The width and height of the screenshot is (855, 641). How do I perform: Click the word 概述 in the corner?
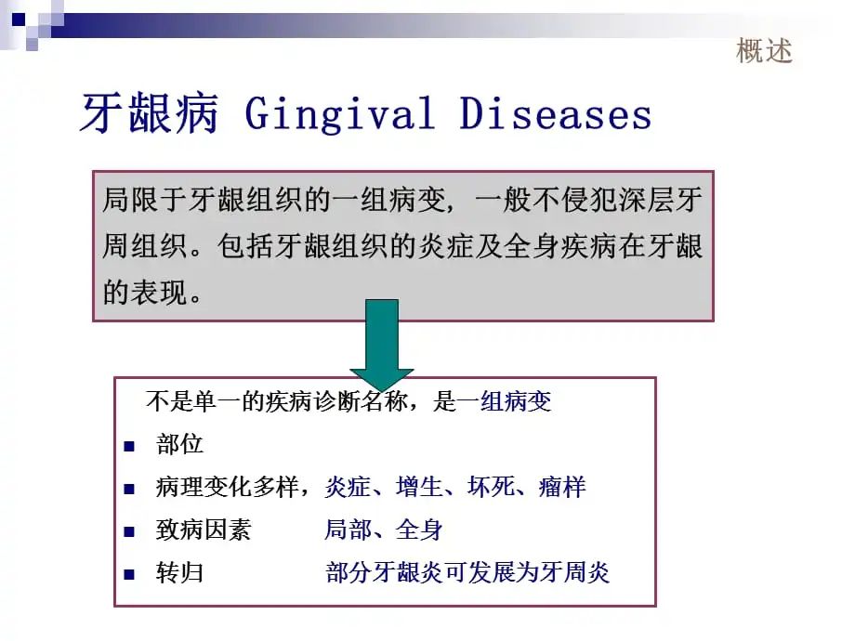[x=764, y=51]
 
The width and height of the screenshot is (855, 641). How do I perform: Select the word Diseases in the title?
[x=556, y=113]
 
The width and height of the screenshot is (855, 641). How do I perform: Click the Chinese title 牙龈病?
[x=150, y=112]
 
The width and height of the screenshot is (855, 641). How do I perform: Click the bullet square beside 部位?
[x=129, y=447]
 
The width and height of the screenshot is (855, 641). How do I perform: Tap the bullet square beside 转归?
[x=129, y=574]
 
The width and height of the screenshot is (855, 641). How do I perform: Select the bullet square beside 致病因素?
[x=129, y=531]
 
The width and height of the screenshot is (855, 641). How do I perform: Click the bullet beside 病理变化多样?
[x=129, y=489]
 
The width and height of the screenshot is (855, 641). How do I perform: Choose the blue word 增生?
[x=419, y=487]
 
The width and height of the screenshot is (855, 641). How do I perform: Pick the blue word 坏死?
[x=490, y=487]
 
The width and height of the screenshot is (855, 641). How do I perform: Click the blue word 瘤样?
[x=562, y=487]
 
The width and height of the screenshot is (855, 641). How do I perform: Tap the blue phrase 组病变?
[x=516, y=401]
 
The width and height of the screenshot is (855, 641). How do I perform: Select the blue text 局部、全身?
[x=383, y=530]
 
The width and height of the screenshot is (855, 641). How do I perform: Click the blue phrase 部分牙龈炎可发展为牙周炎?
[x=467, y=572]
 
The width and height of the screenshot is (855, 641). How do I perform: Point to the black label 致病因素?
[x=204, y=530]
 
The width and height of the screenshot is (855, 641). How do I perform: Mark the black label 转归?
[x=179, y=572]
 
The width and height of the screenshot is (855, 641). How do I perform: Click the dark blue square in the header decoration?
[x=19, y=20]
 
